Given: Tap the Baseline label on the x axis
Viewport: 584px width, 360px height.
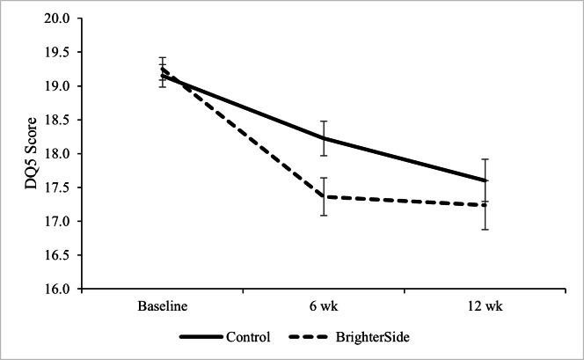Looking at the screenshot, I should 162,305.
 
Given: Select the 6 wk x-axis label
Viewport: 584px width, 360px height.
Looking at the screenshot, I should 325,305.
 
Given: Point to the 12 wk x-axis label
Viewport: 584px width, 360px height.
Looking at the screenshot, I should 487,305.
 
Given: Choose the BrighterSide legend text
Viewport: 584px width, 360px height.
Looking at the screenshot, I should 374,337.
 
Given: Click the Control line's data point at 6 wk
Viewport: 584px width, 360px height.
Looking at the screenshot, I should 325,138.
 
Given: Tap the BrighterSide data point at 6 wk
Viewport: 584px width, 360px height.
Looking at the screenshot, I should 325,196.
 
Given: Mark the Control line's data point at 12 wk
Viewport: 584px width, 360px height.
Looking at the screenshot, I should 487,180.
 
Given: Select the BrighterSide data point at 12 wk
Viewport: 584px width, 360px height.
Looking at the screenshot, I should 487,205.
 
